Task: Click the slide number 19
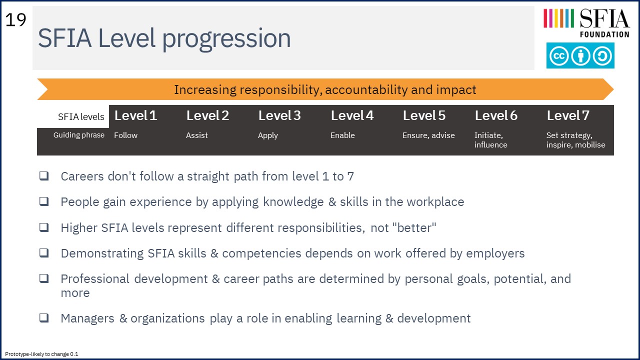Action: pos(15,20)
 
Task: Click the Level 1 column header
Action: pos(135,115)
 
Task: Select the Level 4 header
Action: pos(352,115)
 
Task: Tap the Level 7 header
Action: pos(568,115)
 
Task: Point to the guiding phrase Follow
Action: pos(125,135)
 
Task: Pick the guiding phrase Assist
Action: pos(197,135)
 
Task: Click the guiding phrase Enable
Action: pos(342,135)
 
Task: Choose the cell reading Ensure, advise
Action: pos(428,135)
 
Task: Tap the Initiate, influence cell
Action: pos(491,140)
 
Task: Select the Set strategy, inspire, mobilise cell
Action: pos(575,140)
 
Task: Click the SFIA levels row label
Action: pos(81,117)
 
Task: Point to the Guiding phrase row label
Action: pos(79,135)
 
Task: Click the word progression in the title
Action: pos(226,39)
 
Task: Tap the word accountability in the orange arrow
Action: pos(366,90)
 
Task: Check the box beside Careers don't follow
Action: pos(44,175)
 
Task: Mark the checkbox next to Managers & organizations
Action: pos(44,317)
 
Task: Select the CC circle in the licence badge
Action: pos(558,55)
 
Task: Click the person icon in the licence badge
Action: pos(580,55)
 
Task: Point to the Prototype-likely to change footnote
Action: pos(41,354)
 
